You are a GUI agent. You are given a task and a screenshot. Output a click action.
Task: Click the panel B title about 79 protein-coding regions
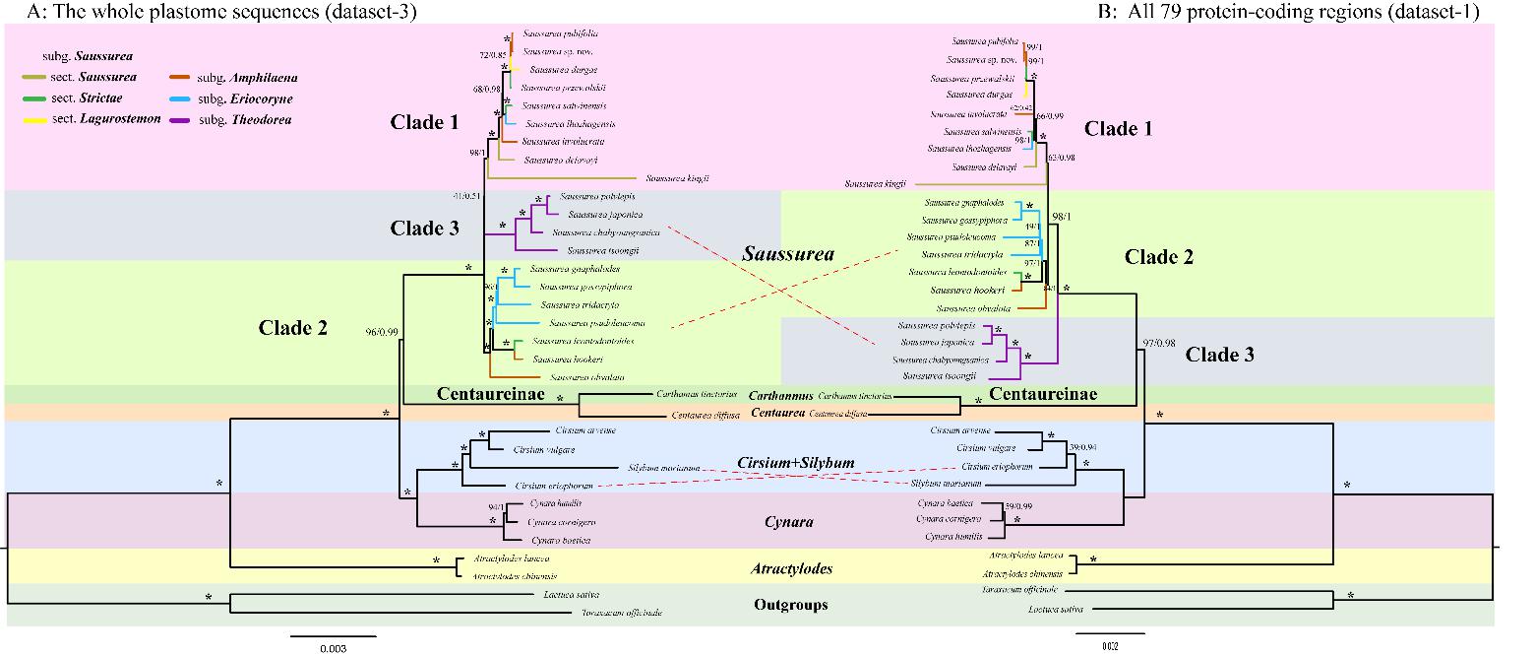(1288, 11)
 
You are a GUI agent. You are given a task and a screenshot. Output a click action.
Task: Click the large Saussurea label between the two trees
(787, 254)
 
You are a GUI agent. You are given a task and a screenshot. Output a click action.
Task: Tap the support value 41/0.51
(466, 196)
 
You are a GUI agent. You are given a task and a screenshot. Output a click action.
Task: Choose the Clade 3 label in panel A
(424, 229)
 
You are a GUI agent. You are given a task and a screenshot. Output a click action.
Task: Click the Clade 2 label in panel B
(1158, 257)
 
